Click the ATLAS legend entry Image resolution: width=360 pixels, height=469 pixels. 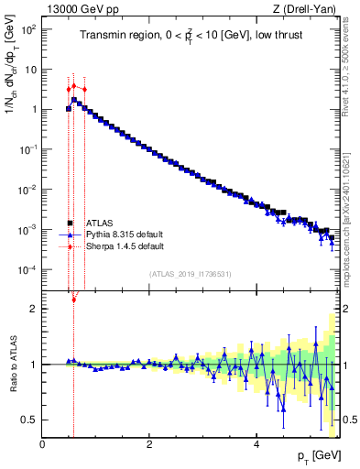(98, 223)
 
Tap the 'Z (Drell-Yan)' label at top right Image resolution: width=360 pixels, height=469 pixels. (306, 9)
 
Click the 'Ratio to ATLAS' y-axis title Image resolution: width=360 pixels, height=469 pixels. (12, 365)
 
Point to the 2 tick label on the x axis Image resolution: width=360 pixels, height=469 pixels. (149, 444)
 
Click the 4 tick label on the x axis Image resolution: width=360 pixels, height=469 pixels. (256, 444)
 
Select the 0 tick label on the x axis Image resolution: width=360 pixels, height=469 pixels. (43, 444)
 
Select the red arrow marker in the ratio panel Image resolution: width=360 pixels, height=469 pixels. (74, 299)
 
